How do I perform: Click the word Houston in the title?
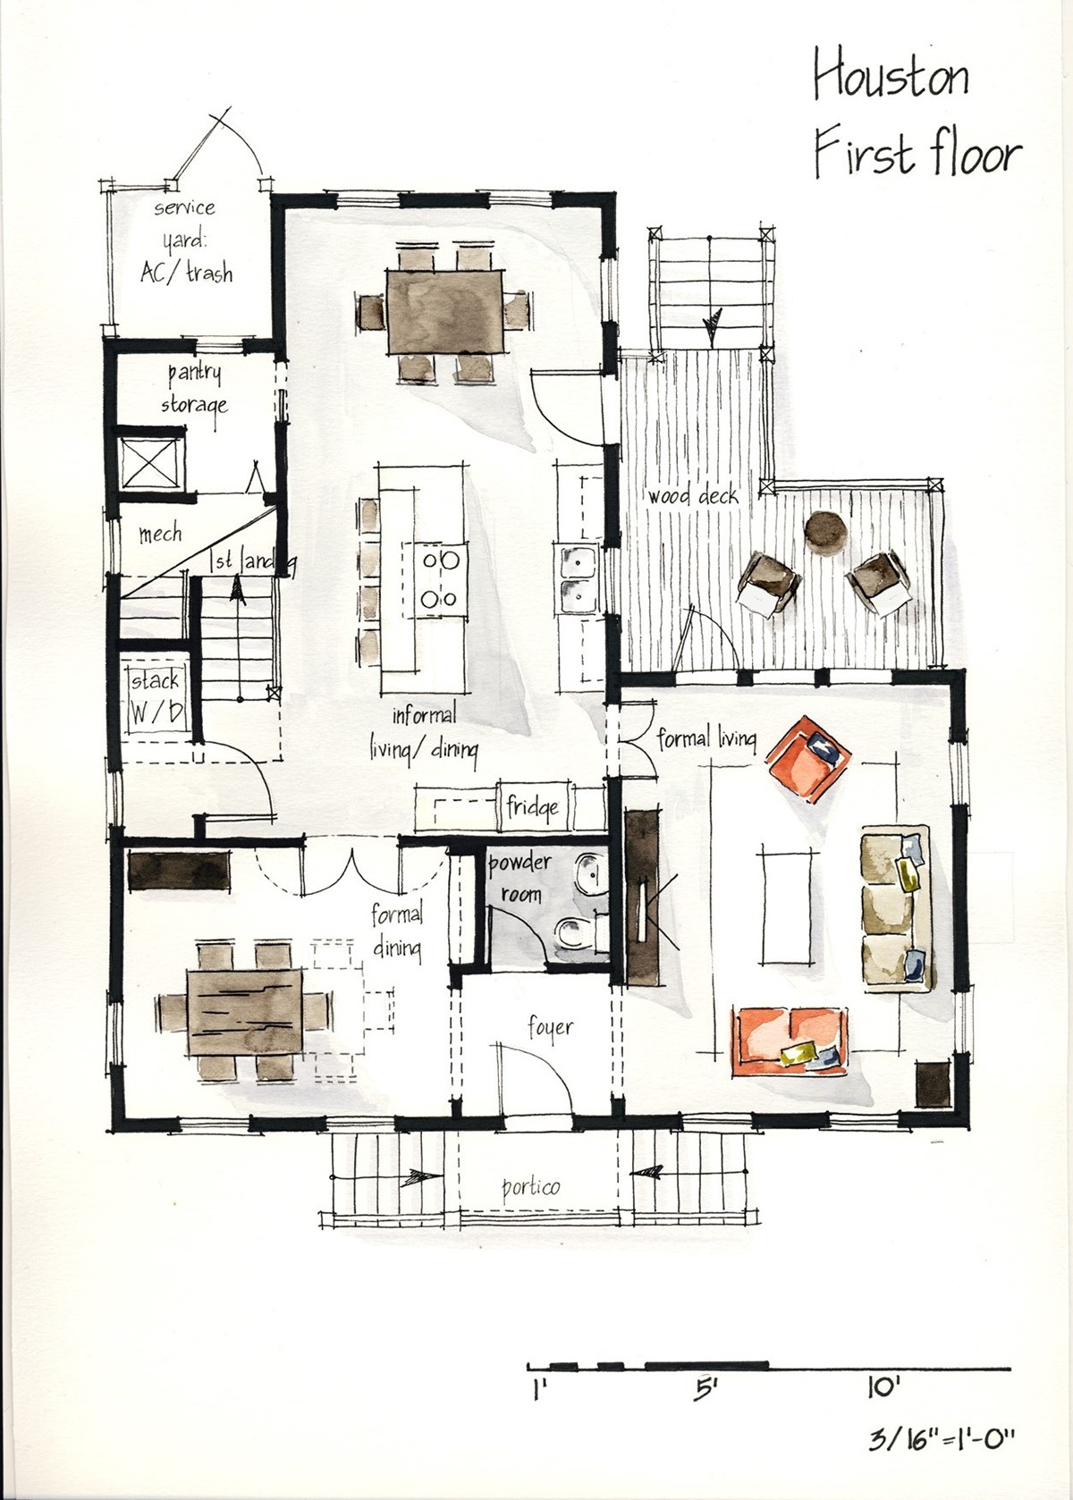coord(891,77)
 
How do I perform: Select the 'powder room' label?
coord(520,877)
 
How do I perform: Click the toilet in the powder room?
coord(574,933)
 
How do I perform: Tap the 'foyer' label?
coord(549,1028)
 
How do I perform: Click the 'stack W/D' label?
coord(156,697)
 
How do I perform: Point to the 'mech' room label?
coord(160,535)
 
